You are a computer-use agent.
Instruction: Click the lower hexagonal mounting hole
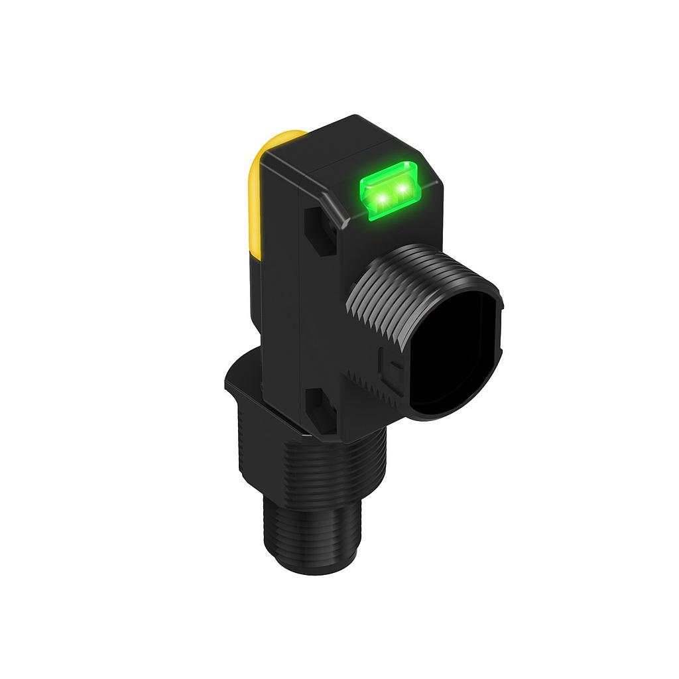(321, 406)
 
